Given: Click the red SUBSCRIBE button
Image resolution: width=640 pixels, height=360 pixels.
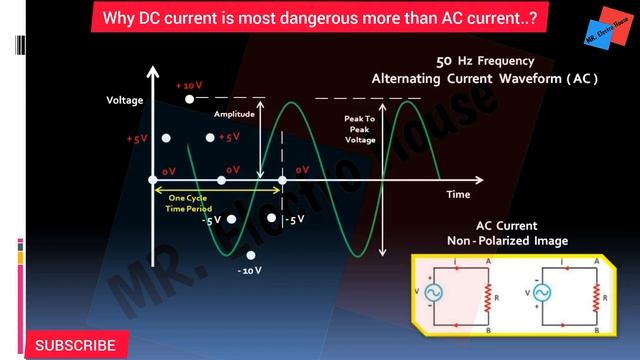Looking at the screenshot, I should pyautogui.click(x=75, y=345).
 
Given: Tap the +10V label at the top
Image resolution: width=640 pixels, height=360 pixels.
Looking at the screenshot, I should pyautogui.click(x=189, y=86).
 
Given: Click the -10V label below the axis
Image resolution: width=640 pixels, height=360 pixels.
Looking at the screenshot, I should pyautogui.click(x=249, y=270).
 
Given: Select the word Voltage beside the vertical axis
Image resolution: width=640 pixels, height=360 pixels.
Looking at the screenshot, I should pyautogui.click(x=125, y=100).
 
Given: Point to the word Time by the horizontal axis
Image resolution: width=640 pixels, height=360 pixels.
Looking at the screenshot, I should pyautogui.click(x=458, y=194).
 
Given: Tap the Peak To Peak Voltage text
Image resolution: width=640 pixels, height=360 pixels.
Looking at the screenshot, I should pyautogui.click(x=360, y=129).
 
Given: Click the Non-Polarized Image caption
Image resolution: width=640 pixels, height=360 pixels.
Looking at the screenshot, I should pyautogui.click(x=507, y=241).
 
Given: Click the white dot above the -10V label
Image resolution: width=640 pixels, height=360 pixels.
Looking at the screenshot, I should pyautogui.click(x=250, y=256).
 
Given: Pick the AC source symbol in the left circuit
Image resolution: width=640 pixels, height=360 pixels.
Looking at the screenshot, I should pyautogui.click(x=436, y=293).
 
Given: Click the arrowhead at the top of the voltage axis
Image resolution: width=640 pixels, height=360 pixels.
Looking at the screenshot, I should pyautogui.click(x=153, y=71).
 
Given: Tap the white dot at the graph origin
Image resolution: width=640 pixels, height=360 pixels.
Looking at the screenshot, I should pyautogui.click(x=153, y=180).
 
